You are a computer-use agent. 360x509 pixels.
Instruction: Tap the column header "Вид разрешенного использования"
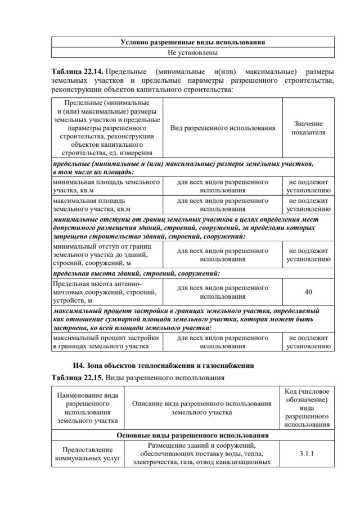coord(223,128)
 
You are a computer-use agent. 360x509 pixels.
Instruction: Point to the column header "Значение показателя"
coord(308,128)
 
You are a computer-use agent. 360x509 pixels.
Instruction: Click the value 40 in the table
coord(308,292)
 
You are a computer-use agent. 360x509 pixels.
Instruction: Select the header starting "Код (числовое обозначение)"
coord(306,408)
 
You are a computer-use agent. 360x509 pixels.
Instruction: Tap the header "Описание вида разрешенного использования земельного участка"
coord(206,408)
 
